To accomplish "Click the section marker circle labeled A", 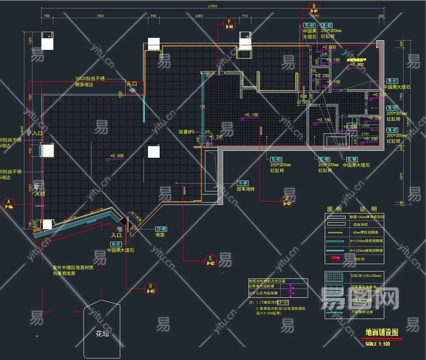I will [x=9, y=204].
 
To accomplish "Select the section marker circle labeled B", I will [x=314, y=8].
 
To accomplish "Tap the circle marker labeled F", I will [x=229, y=24].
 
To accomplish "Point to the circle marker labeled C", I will [x=287, y=201].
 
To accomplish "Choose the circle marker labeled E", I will [x=210, y=261].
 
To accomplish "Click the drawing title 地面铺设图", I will [x=382, y=333].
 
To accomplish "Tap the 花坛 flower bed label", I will [x=102, y=333].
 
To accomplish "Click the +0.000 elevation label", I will [x=117, y=156].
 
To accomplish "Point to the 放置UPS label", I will [x=186, y=132].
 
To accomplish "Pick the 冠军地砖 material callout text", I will [x=245, y=189].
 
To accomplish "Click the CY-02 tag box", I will [x=161, y=229].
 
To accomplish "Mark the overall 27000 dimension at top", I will [x=212, y=6].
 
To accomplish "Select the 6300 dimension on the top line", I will [x=199, y=16].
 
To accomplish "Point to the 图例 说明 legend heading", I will [x=351, y=209].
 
